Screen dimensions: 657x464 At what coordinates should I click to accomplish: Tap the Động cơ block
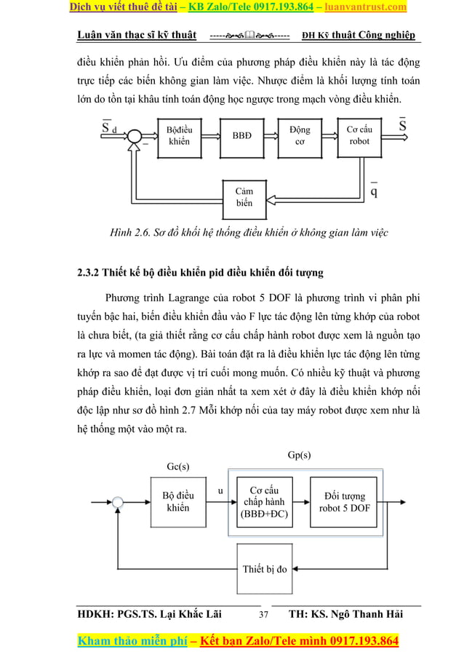tap(299, 135)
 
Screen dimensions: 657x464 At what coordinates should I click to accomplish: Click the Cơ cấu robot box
tap(359, 135)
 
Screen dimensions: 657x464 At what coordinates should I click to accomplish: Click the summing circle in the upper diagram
tap(135, 135)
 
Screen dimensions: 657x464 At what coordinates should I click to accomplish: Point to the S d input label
tap(108, 130)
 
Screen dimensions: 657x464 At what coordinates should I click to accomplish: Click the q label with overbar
tap(373, 191)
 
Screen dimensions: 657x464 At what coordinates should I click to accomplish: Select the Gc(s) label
tap(178, 466)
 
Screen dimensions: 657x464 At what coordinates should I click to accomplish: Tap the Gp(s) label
tap(299, 455)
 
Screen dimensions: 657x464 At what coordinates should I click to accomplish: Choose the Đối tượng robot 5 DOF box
tap(343, 501)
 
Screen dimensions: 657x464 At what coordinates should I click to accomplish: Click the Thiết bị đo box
tap(264, 568)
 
